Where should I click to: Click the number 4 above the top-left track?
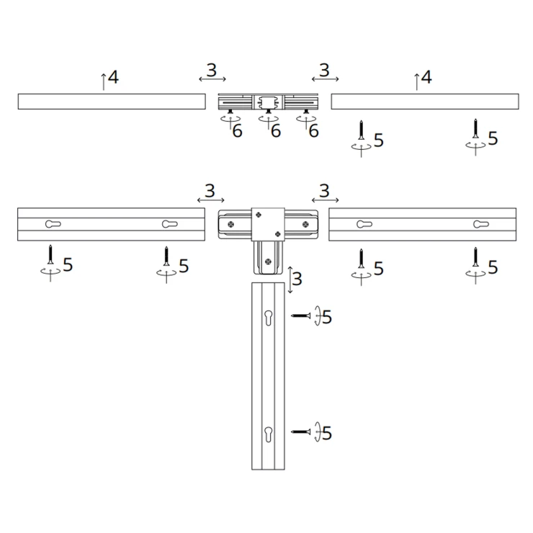pos(113,77)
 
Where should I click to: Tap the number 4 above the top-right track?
pos(426,77)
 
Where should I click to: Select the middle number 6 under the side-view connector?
pos(276,131)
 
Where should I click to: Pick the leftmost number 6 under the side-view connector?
pos(237,131)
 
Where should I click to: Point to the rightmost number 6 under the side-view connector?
pos(313,131)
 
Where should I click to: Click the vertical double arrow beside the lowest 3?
pos(290,280)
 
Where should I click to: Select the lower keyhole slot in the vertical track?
pos(268,434)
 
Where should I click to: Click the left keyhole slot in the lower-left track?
pos(53,224)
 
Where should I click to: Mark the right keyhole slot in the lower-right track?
pos(481,224)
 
